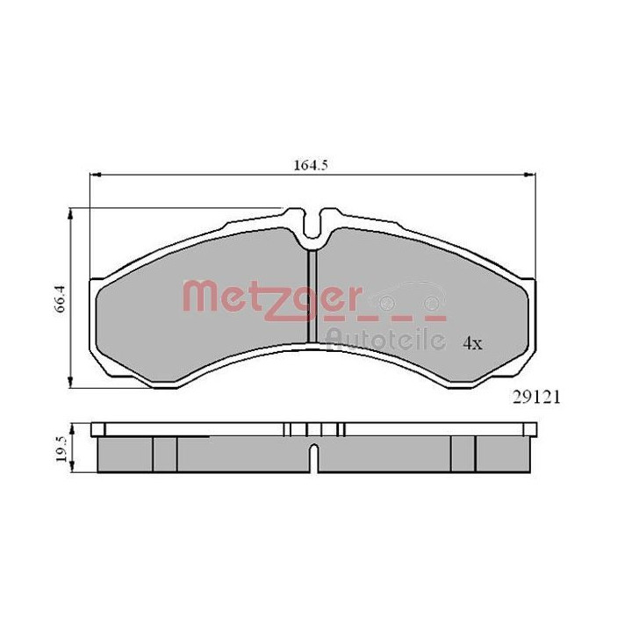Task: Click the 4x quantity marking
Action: [x=473, y=343]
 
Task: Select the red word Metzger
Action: [x=268, y=296]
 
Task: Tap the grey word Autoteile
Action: [x=387, y=336]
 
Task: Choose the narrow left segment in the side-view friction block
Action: [x=165, y=453]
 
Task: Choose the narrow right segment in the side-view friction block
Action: [x=463, y=453]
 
